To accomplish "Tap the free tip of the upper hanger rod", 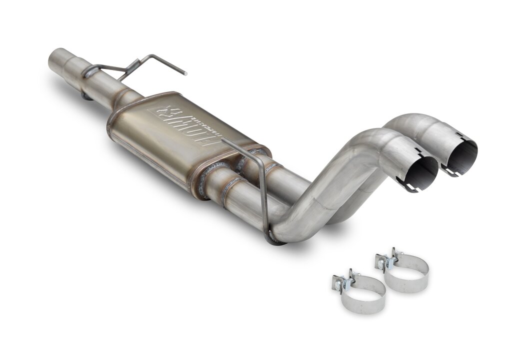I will tap(185, 73).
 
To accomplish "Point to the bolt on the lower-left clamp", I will tap(340, 283).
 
